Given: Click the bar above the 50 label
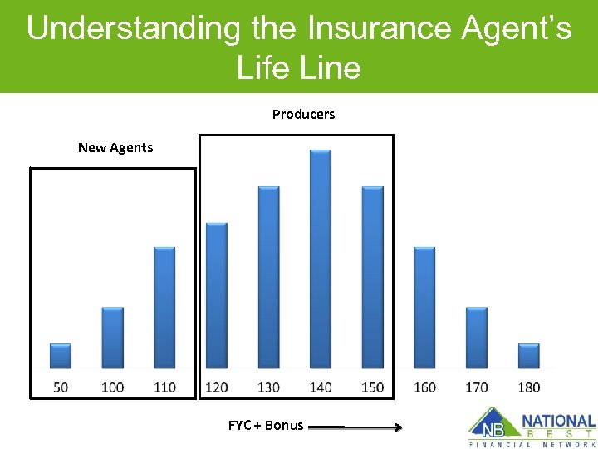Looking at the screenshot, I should pos(61,356).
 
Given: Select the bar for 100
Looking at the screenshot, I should pos(113,338).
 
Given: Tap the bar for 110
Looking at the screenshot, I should pos(164,308).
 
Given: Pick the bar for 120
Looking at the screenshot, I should pos(216,295).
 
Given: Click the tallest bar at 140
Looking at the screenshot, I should pos(321,259).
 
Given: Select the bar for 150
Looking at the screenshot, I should pos(373,277).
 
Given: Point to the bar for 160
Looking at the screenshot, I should pos(424,308).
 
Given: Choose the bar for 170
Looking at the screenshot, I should pos(477,338).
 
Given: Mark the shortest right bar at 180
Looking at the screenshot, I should pos(528,356).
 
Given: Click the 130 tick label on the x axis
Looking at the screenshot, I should pos(268,387).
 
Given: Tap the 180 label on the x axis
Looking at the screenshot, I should pos(528,387).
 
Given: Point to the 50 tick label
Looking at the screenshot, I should pos(61,387).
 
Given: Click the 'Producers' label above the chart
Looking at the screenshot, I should pos(303,115).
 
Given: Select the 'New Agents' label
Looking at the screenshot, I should pos(115,148).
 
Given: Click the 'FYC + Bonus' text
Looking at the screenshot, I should pos(266,426).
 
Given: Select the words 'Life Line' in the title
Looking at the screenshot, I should pos(299,67).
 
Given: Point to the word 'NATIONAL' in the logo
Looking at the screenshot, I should pos(558,422).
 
